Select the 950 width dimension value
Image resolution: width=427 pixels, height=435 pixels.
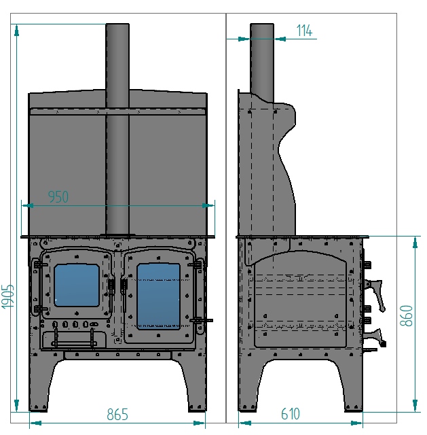click(58, 196)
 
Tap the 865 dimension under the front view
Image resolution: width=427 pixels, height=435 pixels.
click(117, 414)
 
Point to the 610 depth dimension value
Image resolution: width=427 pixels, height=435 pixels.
click(291, 414)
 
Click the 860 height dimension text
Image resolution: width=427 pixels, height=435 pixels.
click(406, 315)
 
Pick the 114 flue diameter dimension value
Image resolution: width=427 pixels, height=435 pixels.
click(304, 31)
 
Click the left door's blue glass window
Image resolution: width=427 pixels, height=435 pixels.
click(77, 285)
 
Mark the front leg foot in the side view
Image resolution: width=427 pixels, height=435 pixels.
click(355, 407)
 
